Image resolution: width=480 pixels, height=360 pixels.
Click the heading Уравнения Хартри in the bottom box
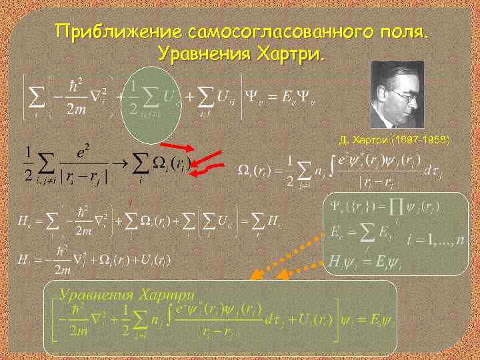click(x=127, y=294)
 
